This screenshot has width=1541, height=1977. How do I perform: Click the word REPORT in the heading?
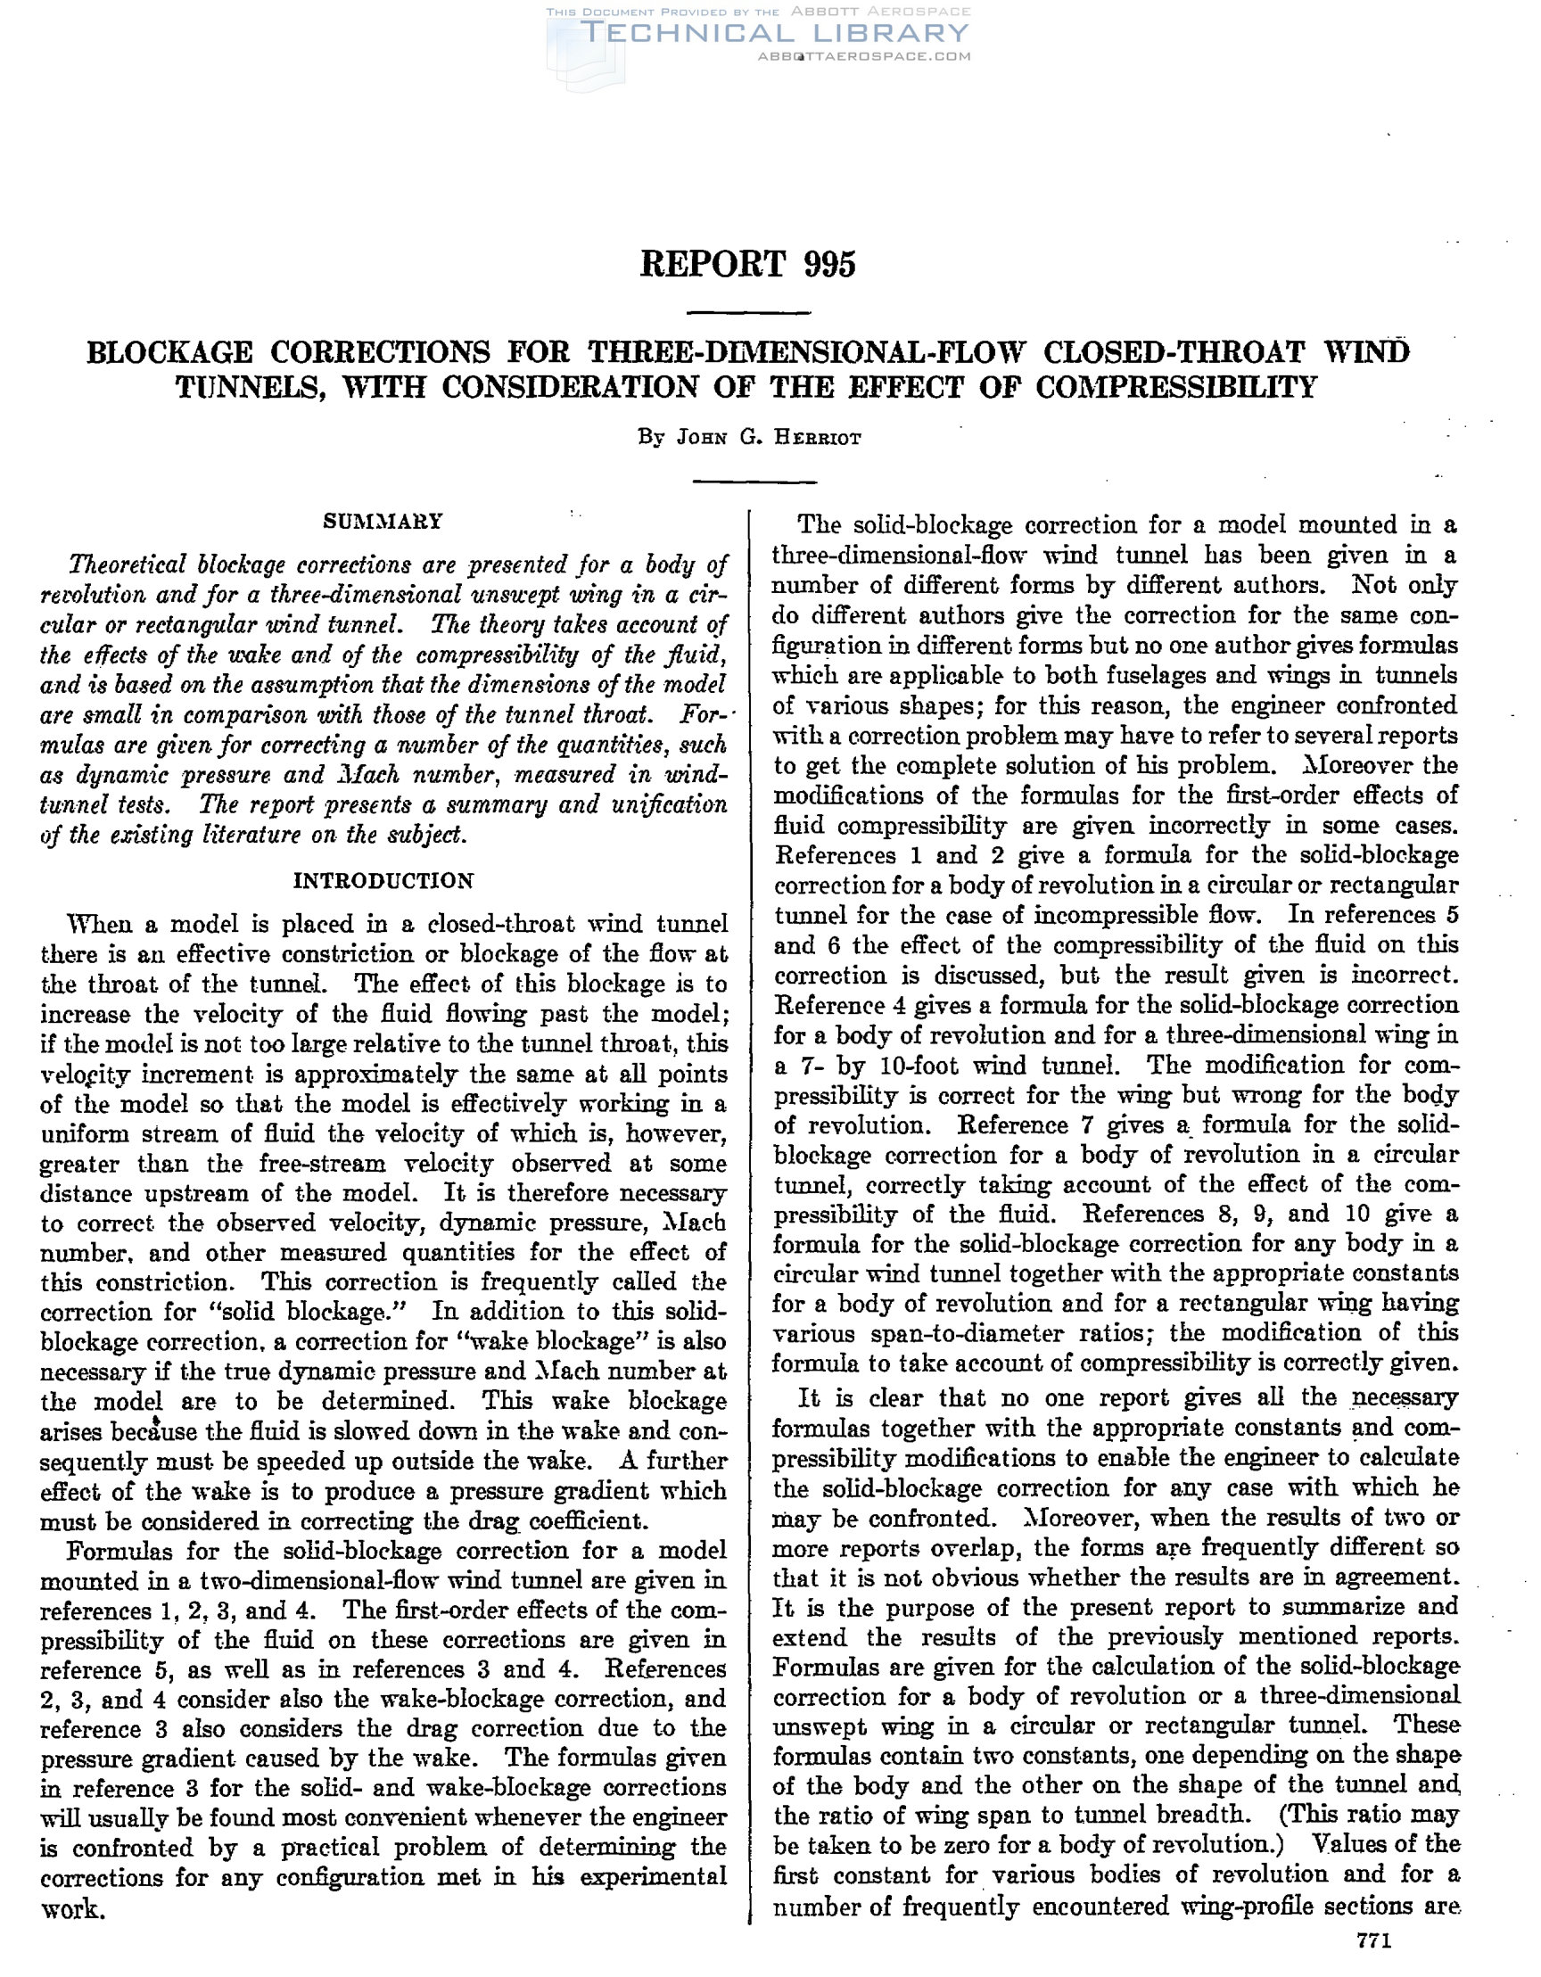(x=713, y=264)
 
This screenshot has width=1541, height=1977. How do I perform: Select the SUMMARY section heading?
(x=383, y=522)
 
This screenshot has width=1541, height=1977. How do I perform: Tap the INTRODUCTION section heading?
(x=383, y=881)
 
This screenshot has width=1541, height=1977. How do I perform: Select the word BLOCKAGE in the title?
(x=169, y=351)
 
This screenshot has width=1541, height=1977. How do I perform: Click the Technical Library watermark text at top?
(x=774, y=34)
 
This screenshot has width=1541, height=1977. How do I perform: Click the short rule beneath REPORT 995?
(x=749, y=313)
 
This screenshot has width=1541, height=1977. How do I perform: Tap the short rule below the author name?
(x=754, y=482)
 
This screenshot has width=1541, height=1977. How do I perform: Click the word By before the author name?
(x=651, y=438)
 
